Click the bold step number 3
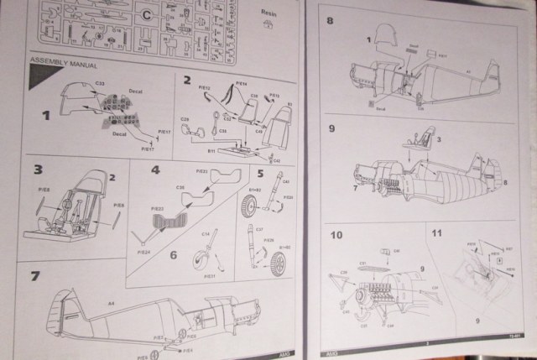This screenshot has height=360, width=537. tap(39, 170)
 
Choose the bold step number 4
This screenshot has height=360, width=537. tap(154, 170)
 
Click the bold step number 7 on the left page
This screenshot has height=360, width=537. tap(34, 275)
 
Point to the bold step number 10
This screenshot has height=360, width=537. tap(336, 233)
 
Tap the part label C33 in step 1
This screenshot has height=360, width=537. tap(99, 83)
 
